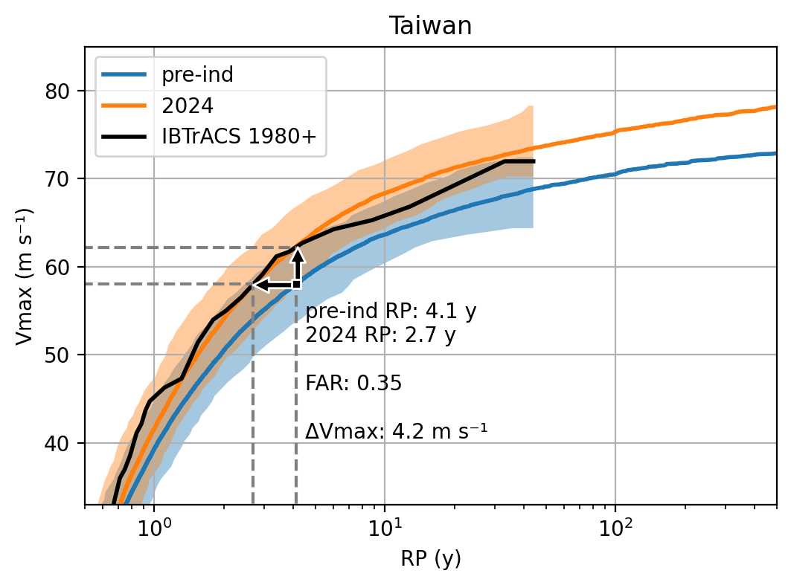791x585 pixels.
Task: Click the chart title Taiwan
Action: point(430,26)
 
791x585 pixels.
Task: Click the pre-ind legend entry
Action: point(185,75)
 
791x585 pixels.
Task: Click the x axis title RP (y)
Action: point(430,559)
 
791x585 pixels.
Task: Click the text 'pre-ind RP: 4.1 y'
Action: point(391,312)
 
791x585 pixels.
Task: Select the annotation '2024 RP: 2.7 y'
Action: point(380,335)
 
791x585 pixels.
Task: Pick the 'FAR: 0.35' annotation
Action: point(353,384)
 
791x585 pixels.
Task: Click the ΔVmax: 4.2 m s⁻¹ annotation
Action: point(396,431)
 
